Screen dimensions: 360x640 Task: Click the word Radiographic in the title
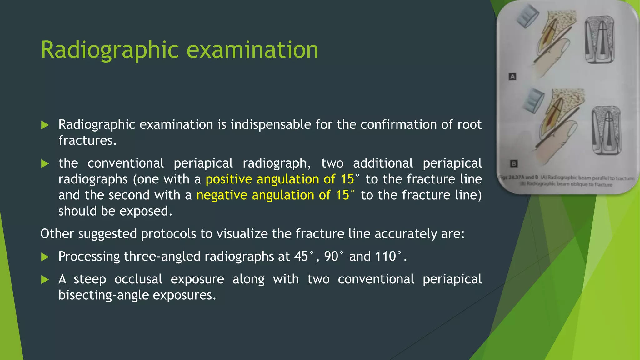point(110,50)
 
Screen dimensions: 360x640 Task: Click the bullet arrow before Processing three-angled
point(45,257)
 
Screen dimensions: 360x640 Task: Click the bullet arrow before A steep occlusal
point(45,280)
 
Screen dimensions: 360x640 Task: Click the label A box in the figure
point(512,77)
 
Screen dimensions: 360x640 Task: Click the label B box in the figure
point(513,163)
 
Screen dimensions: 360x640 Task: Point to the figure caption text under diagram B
point(567,181)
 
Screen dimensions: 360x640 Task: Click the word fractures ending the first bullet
point(87,141)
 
